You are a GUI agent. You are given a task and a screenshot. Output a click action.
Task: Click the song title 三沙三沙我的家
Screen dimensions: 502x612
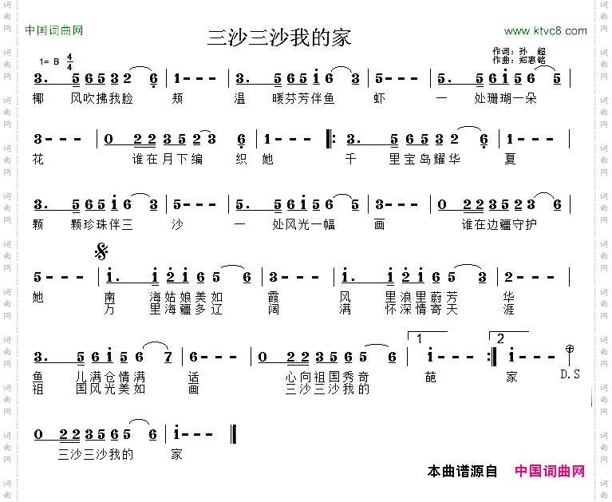coord(279,38)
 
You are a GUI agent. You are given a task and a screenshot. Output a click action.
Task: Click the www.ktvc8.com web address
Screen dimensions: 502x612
coord(546,31)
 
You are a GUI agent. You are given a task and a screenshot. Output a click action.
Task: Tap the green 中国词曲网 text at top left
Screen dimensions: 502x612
coord(54,31)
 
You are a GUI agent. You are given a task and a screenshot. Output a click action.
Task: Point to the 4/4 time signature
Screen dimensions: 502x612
coord(70,61)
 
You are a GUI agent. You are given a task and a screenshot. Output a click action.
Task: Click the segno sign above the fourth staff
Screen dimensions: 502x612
coord(101,253)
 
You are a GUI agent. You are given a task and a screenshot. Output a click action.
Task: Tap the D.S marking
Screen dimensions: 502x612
coord(570,374)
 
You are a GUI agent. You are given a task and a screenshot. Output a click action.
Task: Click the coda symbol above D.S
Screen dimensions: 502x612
coord(569,349)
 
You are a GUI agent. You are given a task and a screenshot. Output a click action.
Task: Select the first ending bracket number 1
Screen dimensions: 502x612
coord(420,338)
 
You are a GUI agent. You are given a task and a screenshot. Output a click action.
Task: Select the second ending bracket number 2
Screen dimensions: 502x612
coord(500,338)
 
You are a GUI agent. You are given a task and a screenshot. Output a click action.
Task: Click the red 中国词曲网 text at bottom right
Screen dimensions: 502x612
coord(550,472)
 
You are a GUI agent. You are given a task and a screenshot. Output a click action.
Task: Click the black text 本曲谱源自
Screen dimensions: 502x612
coord(463,472)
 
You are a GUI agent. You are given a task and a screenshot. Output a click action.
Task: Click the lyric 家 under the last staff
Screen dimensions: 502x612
coord(176,454)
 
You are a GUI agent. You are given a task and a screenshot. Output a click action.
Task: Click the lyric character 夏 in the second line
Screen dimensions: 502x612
coord(511,159)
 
